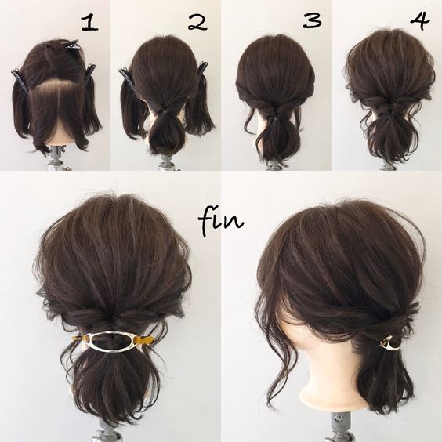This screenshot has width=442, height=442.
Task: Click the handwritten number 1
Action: (x=89, y=23)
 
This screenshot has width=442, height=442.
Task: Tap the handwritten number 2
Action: (x=197, y=22)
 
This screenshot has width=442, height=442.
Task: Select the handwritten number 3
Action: (x=312, y=20)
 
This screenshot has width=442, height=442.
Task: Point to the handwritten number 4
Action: (x=420, y=20)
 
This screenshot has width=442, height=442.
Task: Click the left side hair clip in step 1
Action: (x=20, y=82)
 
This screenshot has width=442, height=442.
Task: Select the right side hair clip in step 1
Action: (x=89, y=75)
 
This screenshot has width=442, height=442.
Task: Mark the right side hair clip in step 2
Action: (x=202, y=73)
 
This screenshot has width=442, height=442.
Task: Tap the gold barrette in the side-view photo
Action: (x=390, y=343)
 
